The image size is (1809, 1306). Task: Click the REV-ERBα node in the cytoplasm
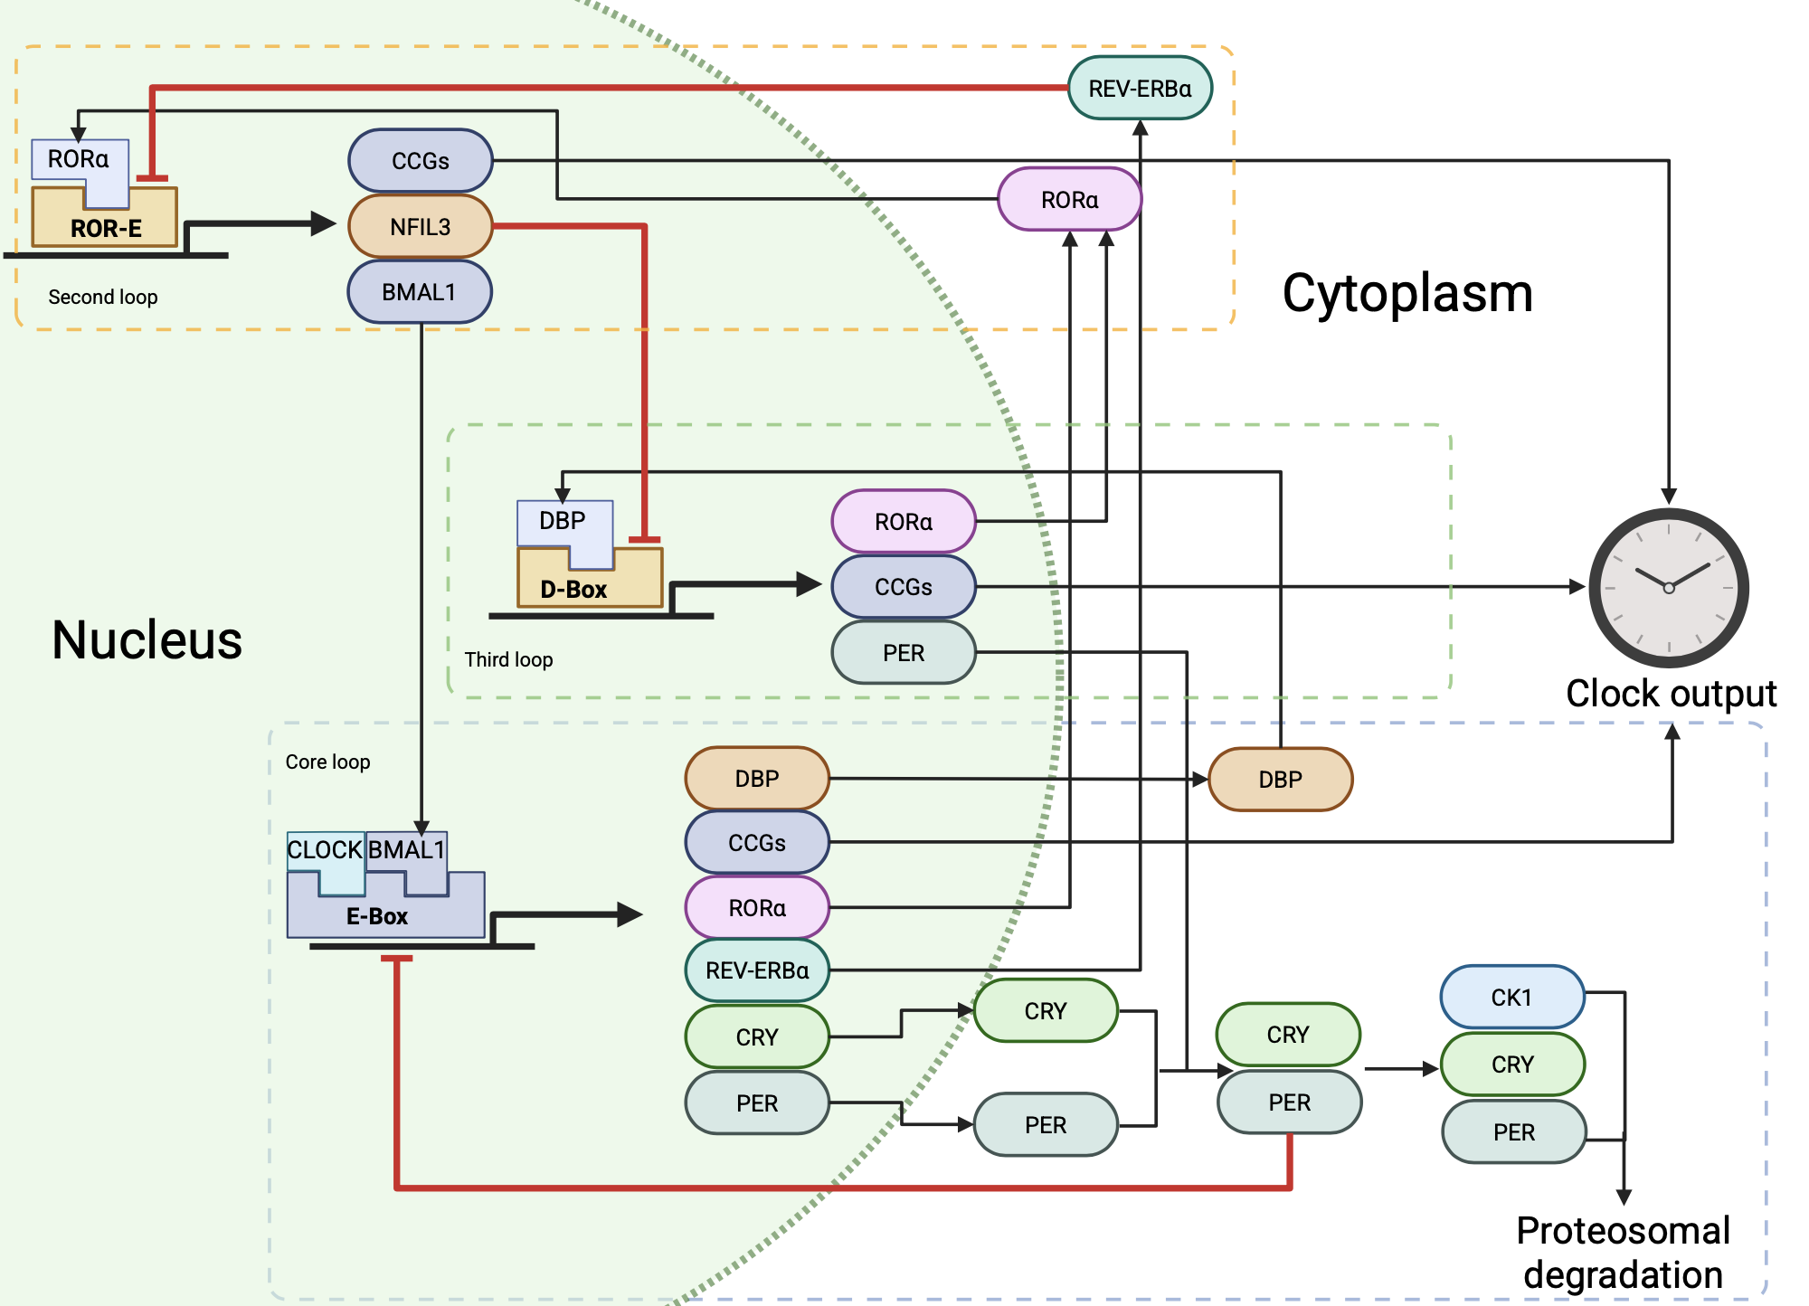click(x=1140, y=89)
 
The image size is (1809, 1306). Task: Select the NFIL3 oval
click(x=421, y=227)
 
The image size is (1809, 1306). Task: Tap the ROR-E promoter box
click(x=106, y=227)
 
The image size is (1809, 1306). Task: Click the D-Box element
click(x=573, y=589)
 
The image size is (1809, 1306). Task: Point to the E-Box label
click(x=377, y=916)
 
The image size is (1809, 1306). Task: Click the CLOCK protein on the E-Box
click(x=324, y=850)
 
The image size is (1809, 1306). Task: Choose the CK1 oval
click(x=1511, y=998)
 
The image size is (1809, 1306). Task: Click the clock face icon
click(x=1669, y=588)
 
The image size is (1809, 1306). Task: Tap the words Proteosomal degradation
click(x=1624, y=1253)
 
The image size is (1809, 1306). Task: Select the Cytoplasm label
click(x=1407, y=294)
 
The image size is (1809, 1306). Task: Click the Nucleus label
click(x=147, y=640)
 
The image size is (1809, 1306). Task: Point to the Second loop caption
click(x=103, y=297)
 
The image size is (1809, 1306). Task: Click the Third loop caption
click(x=508, y=659)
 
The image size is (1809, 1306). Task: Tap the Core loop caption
click(x=327, y=762)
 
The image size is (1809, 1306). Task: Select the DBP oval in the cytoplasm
click(x=1280, y=780)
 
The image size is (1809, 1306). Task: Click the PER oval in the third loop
click(x=904, y=653)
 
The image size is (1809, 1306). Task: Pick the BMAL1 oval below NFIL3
click(x=420, y=292)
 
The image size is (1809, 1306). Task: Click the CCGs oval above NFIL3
click(x=421, y=161)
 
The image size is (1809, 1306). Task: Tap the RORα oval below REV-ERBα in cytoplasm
click(x=1069, y=200)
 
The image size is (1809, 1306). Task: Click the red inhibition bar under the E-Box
click(x=396, y=959)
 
